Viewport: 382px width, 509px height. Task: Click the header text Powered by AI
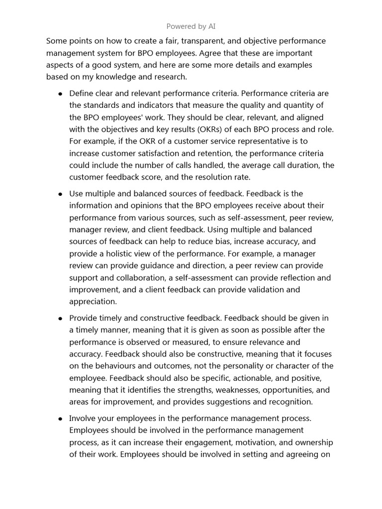click(191, 26)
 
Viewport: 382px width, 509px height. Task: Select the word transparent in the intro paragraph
click(199, 41)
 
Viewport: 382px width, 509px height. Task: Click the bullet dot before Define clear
click(60, 94)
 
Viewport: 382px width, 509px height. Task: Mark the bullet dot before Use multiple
click(60, 194)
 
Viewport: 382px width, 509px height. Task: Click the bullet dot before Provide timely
click(60, 318)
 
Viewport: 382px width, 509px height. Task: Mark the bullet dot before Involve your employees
click(60, 419)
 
